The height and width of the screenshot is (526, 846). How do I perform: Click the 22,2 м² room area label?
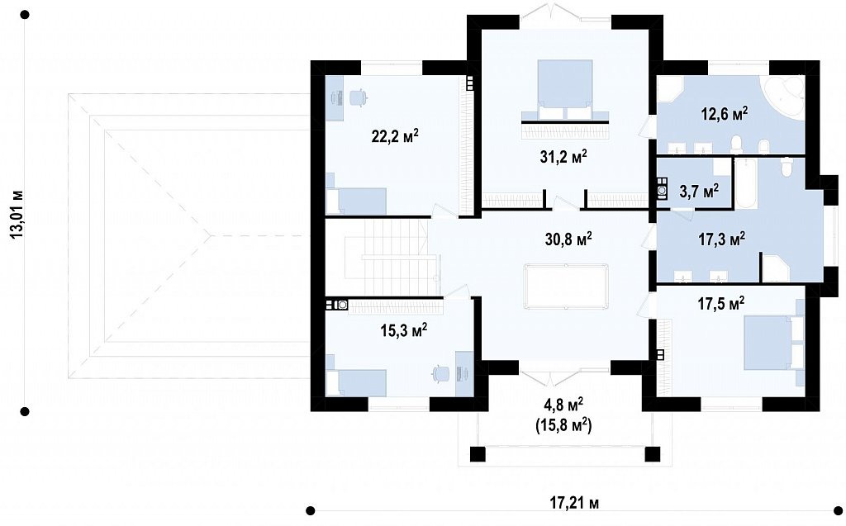coord(395,136)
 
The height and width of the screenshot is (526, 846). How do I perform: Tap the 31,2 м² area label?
coord(563,156)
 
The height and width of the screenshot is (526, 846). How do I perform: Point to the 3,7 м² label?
coord(699,191)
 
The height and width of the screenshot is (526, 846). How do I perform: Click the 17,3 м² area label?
coord(722,239)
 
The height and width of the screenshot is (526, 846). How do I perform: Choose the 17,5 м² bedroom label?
coord(720,304)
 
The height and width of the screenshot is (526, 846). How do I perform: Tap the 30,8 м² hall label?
coord(568,239)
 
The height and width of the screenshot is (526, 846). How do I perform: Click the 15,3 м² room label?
coord(404,329)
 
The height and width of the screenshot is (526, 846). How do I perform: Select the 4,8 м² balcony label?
coord(563,405)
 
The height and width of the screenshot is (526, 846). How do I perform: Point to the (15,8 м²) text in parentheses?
coord(563,425)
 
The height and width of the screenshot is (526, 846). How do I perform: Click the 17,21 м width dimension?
coord(574,504)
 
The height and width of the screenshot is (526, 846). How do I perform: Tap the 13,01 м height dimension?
coord(17,214)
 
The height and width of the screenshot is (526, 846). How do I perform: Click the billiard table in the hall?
coord(566,286)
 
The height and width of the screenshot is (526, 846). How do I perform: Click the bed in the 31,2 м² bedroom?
coord(565,91)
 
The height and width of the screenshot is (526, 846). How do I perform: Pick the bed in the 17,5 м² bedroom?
coord(773,344)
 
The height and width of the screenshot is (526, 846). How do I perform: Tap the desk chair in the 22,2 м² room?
coord(357,97)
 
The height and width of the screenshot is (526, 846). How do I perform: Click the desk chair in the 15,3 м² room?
coord(440,373)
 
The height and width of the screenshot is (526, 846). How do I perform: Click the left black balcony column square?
coord(478,454)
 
